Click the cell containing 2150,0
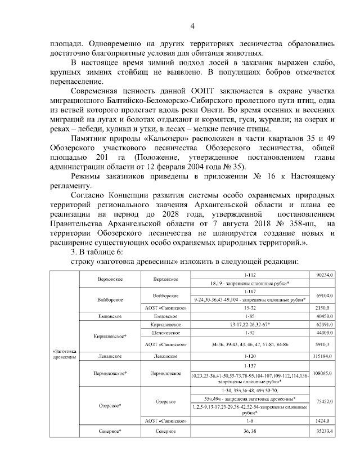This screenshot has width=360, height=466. (x=326, y=308)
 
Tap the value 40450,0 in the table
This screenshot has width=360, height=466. (x=325, y=317)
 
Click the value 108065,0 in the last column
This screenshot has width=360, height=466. (x=325, y=373)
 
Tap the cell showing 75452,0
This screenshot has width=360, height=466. (x=325, y=401)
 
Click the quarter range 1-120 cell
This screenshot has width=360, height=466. (x=250, y=356)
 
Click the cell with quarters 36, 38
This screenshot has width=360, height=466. (x=250, y=431)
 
